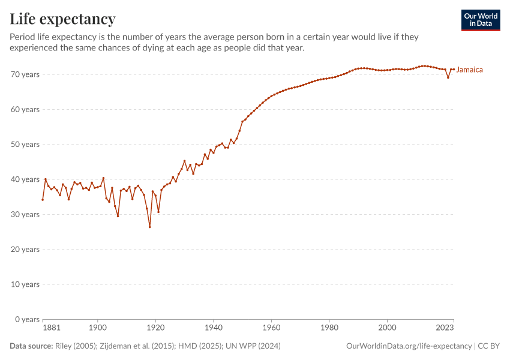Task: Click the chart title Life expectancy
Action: click(62, 19)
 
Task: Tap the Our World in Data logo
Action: click(480, 20)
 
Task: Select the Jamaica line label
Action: click(469, 70)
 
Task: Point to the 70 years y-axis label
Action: click(26, 74)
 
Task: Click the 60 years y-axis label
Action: click(26, 109)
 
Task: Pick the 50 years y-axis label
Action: click(26, 144)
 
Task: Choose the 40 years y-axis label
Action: click(26, 179)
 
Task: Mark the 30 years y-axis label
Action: click(26, 214)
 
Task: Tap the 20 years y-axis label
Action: click(26, 249)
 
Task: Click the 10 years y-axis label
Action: click(26, 284)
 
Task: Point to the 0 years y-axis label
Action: click(28, 319)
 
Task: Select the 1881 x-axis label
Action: click(52, 328)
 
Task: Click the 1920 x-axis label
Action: click(155, 328)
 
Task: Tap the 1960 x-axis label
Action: click(271, 328)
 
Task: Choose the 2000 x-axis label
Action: click(387, 328)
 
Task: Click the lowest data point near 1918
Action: click(150, 227)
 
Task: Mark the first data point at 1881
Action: click(43, 200)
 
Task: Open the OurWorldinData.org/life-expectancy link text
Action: click(409, 346)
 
